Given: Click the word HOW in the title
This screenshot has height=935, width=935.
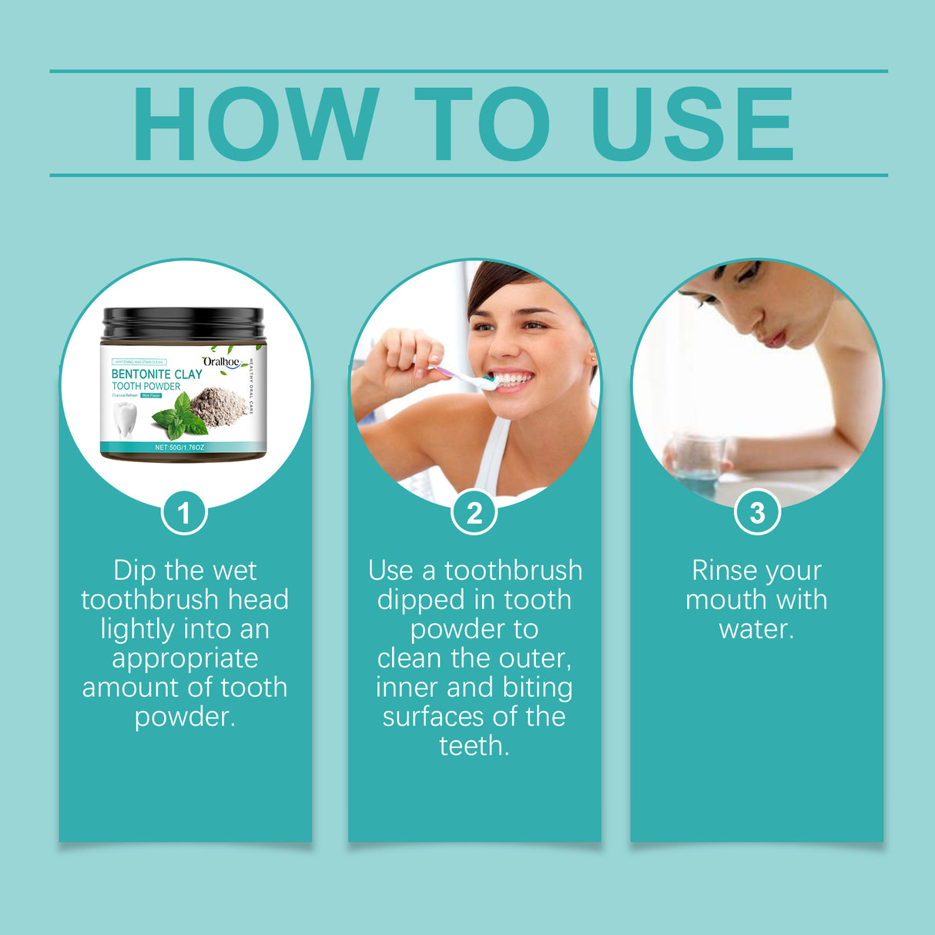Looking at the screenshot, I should point(255,125).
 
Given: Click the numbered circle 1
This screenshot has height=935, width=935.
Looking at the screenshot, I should point(184,513).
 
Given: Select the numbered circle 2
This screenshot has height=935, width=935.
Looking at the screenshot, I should point(474,513).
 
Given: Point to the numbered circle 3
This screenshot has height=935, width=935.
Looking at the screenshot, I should point(757,513).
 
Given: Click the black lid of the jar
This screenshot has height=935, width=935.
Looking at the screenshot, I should point(183,324).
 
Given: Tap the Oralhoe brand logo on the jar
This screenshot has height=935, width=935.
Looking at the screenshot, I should point(222,361).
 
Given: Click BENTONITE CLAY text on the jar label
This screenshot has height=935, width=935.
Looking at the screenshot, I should point(156,374).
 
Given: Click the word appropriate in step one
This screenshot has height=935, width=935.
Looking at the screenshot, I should point(185,659).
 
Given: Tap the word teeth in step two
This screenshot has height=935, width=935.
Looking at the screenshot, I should point(473,746).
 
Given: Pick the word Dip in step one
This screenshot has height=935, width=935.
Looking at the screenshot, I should point(135,571).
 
